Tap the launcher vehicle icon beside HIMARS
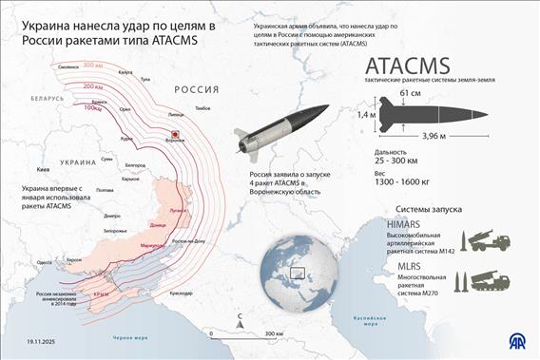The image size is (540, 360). [489, 240]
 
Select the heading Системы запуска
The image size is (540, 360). [429, 208]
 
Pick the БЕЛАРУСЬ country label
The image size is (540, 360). [47, 98]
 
